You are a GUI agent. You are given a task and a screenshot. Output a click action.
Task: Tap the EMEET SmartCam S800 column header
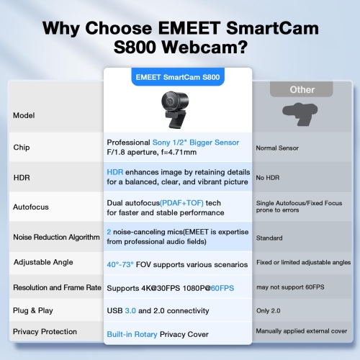pyautogui.click(x=178, y=76)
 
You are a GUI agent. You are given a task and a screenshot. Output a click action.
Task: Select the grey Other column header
pyautogui.click(x=302, y=89)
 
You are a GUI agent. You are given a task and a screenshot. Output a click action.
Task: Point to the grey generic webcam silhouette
pyautogui.click(x=302, y=115)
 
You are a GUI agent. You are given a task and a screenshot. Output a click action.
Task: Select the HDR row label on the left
pyautogui.click(x=22, y=176)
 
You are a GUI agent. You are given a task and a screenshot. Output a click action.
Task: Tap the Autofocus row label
pyautogui.click(x=31, y=207)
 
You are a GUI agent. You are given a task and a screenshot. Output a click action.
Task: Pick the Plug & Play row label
pyautogui.click(x=33, y=310)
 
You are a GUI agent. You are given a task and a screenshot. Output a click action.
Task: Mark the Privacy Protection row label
pyautogui.click(x=45, y=332)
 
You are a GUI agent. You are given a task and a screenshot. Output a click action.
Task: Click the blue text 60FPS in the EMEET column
pyautogui.click(x=222, y=287)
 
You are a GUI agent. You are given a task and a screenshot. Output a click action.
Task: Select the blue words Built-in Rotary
pyautogui.click(x=132, y=335)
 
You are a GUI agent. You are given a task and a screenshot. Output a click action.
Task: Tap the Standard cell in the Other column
pyautogui.click(x=269, y=237)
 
